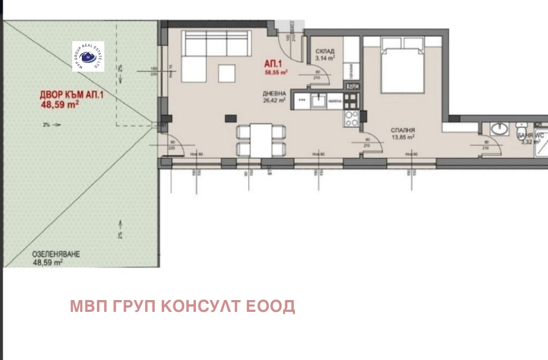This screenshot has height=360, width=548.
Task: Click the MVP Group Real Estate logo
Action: [x=88, y=56]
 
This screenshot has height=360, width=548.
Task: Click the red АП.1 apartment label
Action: [x=274, y=62]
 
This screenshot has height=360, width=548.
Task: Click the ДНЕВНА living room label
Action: [x=273, y=91]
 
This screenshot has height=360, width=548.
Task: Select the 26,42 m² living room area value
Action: [x=274, y=99]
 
